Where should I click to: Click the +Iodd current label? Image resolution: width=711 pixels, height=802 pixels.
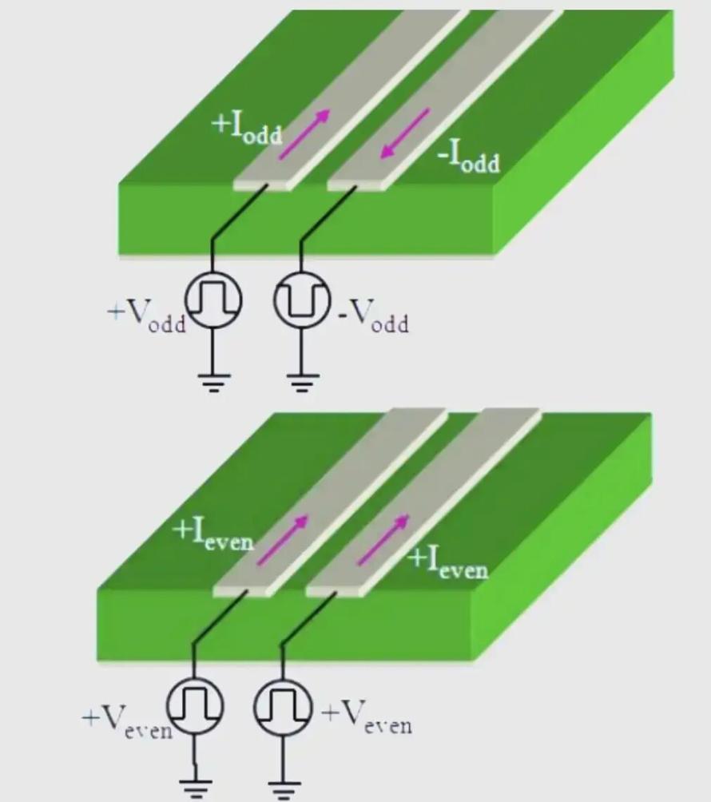pyautogui.click(x=247, y=129)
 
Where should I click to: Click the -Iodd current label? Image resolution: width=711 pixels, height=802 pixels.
pyautogui.click(x=468, y=157)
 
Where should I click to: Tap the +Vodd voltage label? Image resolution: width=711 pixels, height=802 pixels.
pyautogui.click(x=146, y=316)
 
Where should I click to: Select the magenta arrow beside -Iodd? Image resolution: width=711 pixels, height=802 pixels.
pyautogui.click(x=406, y=133)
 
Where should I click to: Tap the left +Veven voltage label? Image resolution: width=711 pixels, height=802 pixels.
pyautogui.click(x=127, y=721)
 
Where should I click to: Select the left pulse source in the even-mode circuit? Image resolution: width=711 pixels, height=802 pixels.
pyautogui.click(x=194, y=706)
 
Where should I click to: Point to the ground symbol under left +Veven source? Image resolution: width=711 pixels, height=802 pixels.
pyautogui.click(x=194, y=786)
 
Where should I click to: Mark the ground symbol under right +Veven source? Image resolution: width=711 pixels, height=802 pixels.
pyautogui.click(x=282, y=788)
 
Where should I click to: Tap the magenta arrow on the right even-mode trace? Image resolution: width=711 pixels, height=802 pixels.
pyautogui.click(x=383, y=540)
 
